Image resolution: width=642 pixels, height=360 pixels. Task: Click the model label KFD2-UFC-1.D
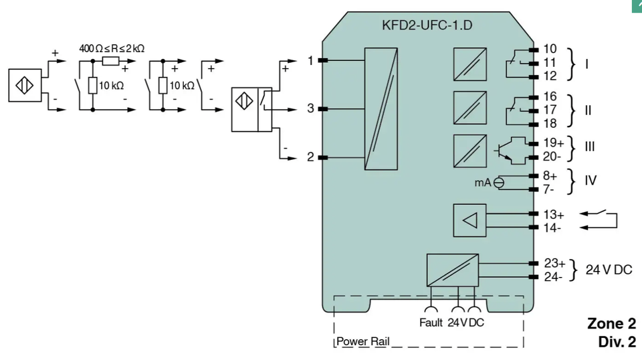pos(427,25)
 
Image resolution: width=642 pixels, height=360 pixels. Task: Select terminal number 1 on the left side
pos(310,61)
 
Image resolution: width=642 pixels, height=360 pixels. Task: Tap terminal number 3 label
pos(311,108)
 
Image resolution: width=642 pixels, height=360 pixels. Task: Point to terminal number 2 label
pos(311,157)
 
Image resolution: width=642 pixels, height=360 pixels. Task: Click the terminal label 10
pos(550,49)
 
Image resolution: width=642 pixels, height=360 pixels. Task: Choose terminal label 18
pos(550,123)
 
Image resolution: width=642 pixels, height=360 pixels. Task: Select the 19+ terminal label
pos(554,143)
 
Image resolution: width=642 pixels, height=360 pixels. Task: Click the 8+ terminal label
pos(550,176)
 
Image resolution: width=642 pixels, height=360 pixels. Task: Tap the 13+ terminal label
pos(554,215)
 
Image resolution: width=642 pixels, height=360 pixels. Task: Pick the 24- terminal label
pos(553,277)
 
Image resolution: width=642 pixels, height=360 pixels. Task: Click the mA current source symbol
pos(499,183)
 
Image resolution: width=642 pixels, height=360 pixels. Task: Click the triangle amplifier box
pos(469,220)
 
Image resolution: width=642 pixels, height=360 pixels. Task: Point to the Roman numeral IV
pos(591,180)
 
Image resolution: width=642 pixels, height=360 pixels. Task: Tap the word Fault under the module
pos(431,323)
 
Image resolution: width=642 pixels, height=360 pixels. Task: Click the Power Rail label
pos(362,341)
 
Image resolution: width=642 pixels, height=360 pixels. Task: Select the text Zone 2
pos(612,324)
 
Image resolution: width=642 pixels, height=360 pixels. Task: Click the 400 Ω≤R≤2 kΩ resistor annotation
pos(112,49)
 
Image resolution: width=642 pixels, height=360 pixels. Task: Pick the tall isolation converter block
pos(381,108)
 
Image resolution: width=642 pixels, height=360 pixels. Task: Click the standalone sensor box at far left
pos(25,85)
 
